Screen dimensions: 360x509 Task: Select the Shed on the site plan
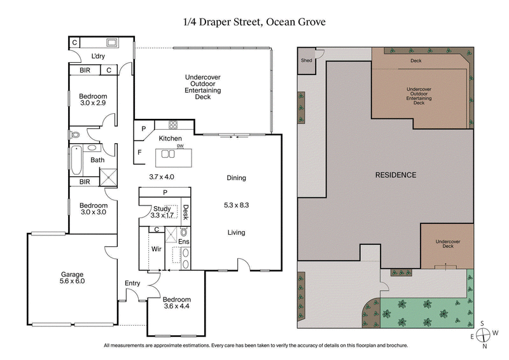pyautogui.click(x=306, y=60)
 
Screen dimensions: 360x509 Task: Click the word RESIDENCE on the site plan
pyautogui.click(x=395, y=175)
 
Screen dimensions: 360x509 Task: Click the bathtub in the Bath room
pyautogui.click(x=76, y=161)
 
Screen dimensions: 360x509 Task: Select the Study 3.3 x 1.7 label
pyautogui.click(x=162, y=212)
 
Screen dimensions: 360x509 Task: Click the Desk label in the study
pyautogui.click(x=186, y=212)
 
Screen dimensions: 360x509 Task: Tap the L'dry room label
pyautogui.click(x=98, y=56)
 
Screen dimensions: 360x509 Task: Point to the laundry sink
pyautogui.click(x=113, y=43)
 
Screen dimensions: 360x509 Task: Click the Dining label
pyautogui.click(x=236, y=178)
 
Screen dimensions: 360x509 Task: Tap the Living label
pyautogui.click(x=236, y=233)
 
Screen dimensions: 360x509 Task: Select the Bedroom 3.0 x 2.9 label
pyautogui.click(x=94, y=99)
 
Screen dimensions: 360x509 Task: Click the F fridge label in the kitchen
pyautogui.click(x=139, y=153)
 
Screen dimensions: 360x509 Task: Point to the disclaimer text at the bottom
pyautogui.click(x=254, y=346)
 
